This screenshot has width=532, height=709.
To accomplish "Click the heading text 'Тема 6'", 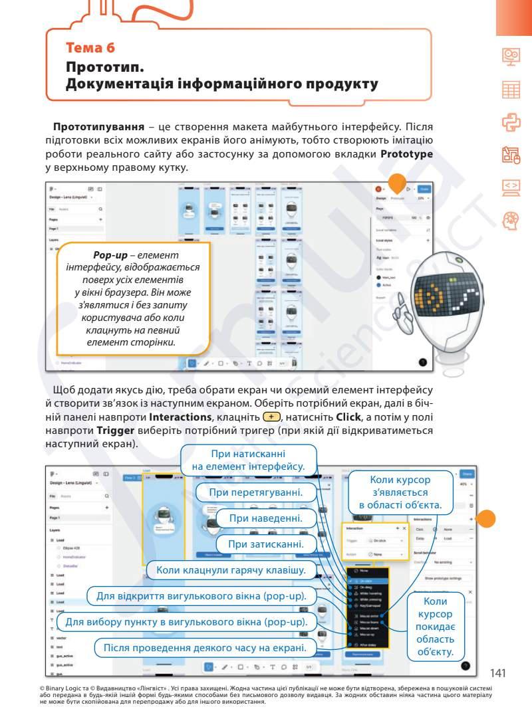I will pyautogui.click(x=90, y=47).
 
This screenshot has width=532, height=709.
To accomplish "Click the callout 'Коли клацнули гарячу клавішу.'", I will pyautogui.click(x=231, y=570).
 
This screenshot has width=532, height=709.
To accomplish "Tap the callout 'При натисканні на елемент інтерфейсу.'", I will pyautogui.click(x=248, y=460).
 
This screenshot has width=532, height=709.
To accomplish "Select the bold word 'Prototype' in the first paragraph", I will pyautogui.click(x=407, y=154).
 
